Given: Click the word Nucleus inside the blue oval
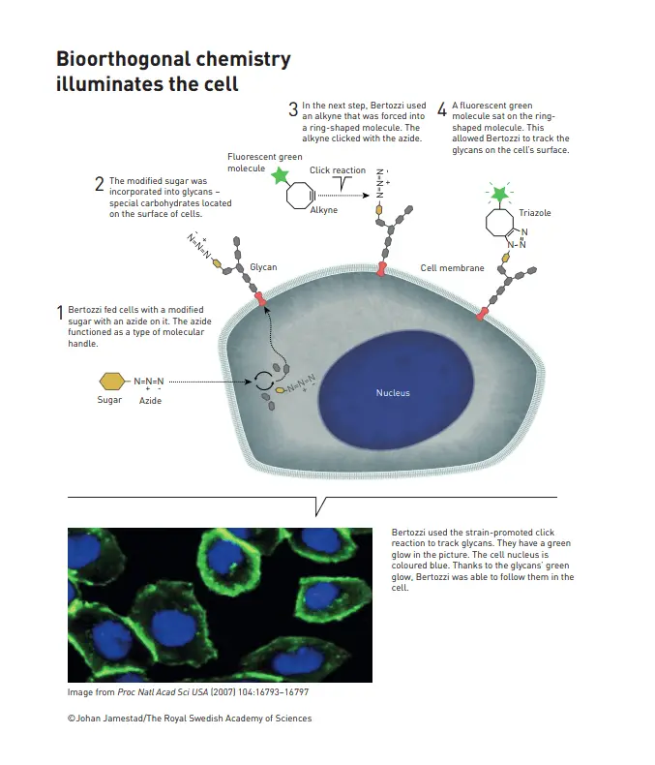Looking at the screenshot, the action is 393,393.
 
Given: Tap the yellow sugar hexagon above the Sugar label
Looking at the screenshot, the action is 112,382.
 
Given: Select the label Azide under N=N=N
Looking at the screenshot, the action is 150,401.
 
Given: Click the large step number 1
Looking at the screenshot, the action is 60,313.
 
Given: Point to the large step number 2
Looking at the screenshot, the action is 100,184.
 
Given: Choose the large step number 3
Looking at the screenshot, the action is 293,109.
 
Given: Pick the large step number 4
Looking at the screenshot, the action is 442,109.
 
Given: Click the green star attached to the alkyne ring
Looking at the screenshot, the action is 281,175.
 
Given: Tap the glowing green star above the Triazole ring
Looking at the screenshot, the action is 499,195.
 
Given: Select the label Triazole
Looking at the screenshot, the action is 535,213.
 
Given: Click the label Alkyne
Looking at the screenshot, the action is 323,210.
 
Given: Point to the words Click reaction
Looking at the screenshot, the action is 338,170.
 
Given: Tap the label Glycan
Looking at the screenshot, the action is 263,267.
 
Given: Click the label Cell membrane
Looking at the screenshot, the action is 452,268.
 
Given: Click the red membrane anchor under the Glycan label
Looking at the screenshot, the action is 261,298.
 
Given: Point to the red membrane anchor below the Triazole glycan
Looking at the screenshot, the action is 482,314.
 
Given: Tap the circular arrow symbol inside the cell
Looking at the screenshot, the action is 264,381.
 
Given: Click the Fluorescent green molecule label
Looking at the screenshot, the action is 265,163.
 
